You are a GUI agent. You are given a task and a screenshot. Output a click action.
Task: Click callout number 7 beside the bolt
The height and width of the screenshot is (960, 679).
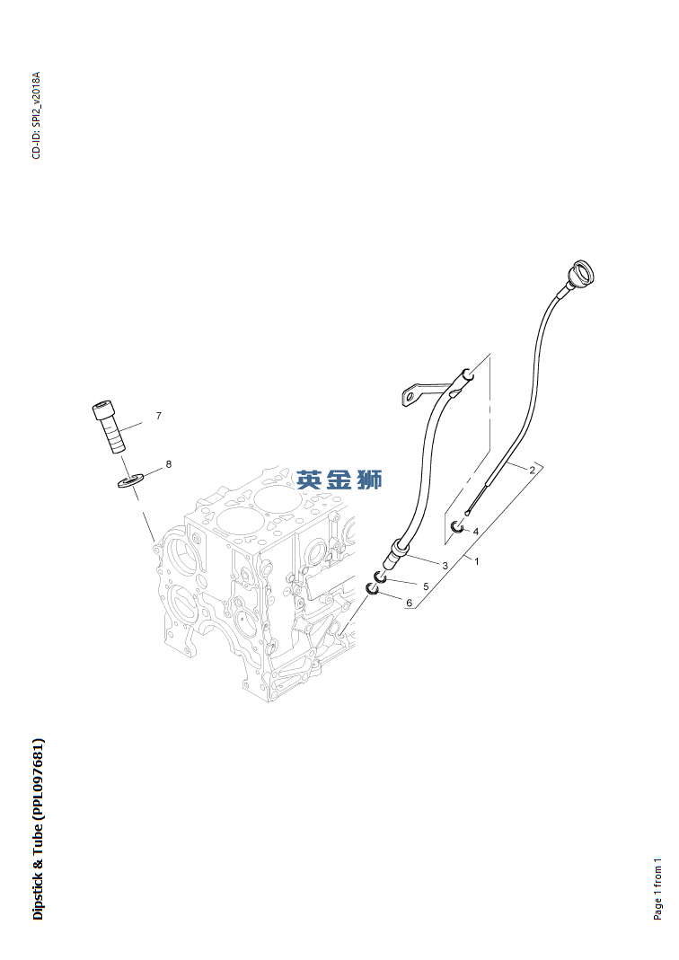158,416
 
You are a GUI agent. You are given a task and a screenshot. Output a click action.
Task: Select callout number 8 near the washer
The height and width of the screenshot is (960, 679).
168,464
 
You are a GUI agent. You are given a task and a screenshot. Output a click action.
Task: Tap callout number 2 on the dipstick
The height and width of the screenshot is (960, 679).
532,469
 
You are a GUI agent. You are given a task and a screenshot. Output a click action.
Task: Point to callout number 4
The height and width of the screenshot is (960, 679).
475,531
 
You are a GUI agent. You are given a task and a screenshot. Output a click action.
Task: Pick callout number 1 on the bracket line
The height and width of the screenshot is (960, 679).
476,561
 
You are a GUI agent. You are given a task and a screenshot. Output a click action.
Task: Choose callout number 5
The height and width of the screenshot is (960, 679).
426,586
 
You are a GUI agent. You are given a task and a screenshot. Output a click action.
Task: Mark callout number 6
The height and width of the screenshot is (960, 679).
409,603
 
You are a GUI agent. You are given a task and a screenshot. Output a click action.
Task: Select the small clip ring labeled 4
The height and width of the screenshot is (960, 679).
458,527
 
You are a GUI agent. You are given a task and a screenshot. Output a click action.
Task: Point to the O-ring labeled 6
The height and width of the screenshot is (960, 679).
373,589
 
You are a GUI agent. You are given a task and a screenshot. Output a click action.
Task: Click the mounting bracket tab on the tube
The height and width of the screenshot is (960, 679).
413,394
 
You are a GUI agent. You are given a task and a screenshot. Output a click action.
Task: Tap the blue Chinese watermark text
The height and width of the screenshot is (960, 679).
339,480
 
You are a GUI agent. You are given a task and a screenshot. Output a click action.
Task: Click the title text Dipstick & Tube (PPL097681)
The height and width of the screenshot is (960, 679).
38,829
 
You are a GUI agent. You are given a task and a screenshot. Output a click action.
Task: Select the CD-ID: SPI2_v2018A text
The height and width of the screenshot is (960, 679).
36,115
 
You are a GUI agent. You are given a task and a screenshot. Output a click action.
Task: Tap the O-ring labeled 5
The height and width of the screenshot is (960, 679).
380,577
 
